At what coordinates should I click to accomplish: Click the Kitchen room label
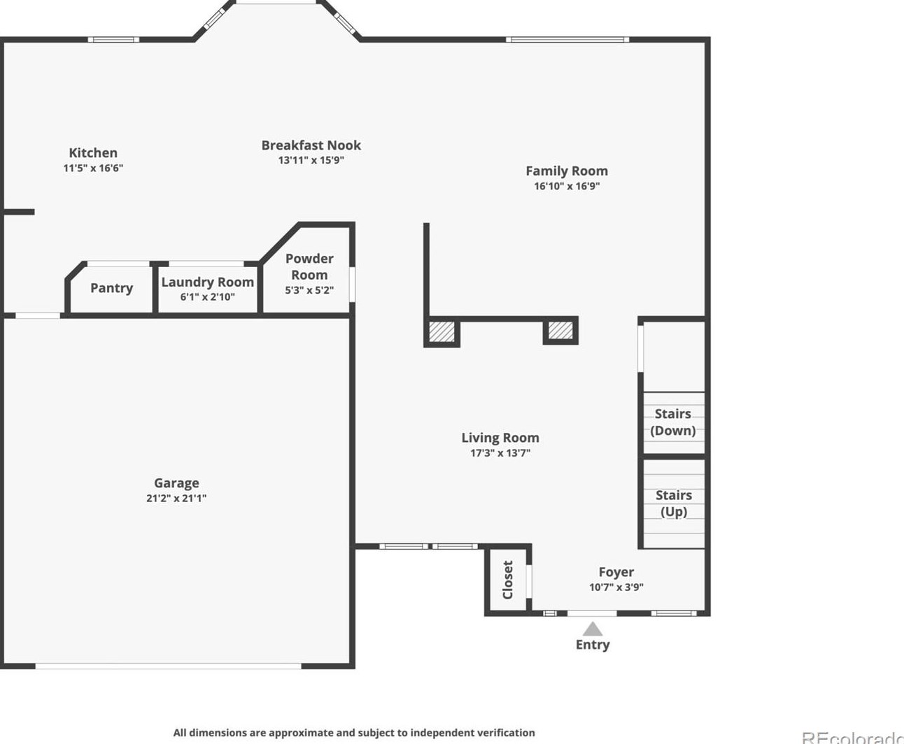[93, 152]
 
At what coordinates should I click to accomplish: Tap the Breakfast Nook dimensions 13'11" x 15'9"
[311, 160]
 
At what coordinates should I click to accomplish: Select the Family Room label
[567, 171]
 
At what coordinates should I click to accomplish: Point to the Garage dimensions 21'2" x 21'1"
[176, 498]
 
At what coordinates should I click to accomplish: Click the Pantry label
[112, 288]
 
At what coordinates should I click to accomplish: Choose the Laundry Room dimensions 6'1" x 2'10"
[207, 297]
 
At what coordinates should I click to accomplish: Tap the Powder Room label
[309, 266]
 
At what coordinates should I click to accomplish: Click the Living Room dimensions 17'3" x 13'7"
[500, 453]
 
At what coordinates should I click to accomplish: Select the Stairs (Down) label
[673, 422]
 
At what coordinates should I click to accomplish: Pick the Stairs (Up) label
[674, 503]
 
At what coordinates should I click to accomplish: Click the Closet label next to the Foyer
[508, 580]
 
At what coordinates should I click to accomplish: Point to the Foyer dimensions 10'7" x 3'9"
[616, 587]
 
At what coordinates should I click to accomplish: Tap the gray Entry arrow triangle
[592, 630]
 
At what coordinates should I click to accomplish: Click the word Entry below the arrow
[592, 645]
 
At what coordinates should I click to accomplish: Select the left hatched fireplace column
[442, 331]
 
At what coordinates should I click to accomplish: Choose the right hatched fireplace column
[560, 331]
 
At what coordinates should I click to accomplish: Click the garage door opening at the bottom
[168, 666]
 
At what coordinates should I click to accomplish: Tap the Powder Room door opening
[353, 285]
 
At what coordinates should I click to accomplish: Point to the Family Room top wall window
[567, 40]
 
